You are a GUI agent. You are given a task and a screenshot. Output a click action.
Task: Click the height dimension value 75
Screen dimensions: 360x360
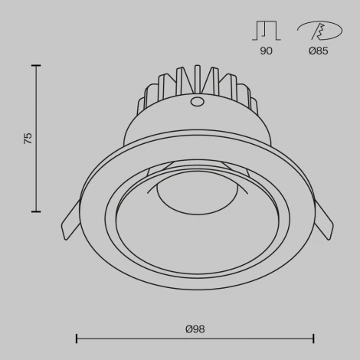tap(28, 139)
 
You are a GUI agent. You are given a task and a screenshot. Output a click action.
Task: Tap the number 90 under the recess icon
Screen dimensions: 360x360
tap(266, 51)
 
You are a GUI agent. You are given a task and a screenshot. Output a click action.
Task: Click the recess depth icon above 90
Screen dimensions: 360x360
tap(266, 31)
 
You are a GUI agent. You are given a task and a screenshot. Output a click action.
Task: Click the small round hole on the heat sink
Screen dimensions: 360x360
tap(197, 101)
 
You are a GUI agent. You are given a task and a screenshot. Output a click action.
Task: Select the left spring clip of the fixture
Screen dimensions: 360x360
tap(71, 222)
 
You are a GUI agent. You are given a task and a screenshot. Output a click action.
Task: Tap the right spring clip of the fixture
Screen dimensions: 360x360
tap(322, 222)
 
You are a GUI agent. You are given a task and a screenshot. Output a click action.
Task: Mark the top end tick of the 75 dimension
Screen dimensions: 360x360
tap(36, 66)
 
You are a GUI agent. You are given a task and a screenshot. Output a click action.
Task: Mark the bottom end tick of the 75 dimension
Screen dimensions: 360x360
tap(36, 211)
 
